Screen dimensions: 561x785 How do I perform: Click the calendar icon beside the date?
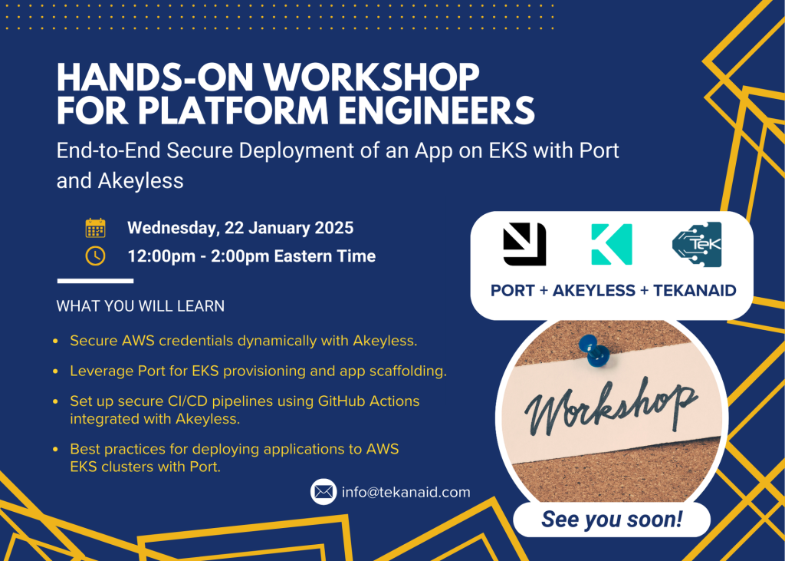click(x=95, y=228)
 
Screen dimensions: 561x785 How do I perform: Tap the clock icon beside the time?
click(x=95, y=256)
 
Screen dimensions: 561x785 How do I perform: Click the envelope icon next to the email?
click(x=324, y=492)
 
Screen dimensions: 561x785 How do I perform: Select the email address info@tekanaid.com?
click(x=406, y=492)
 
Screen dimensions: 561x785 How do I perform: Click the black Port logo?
click(x=524, y=243)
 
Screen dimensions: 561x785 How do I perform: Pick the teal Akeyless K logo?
click(x=611, y=244)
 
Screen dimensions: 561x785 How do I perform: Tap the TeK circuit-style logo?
click(x=696, y=244)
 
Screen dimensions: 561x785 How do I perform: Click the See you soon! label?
click(x=612, y=520)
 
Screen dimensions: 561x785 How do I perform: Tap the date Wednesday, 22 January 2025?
click(x=240, y=228)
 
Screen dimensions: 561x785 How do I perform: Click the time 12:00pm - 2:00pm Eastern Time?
click(x=251, y=256)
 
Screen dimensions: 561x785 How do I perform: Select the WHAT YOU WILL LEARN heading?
click(x=140, y=306)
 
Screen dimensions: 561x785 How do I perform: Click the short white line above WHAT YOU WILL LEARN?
click(x=84, y=281)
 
